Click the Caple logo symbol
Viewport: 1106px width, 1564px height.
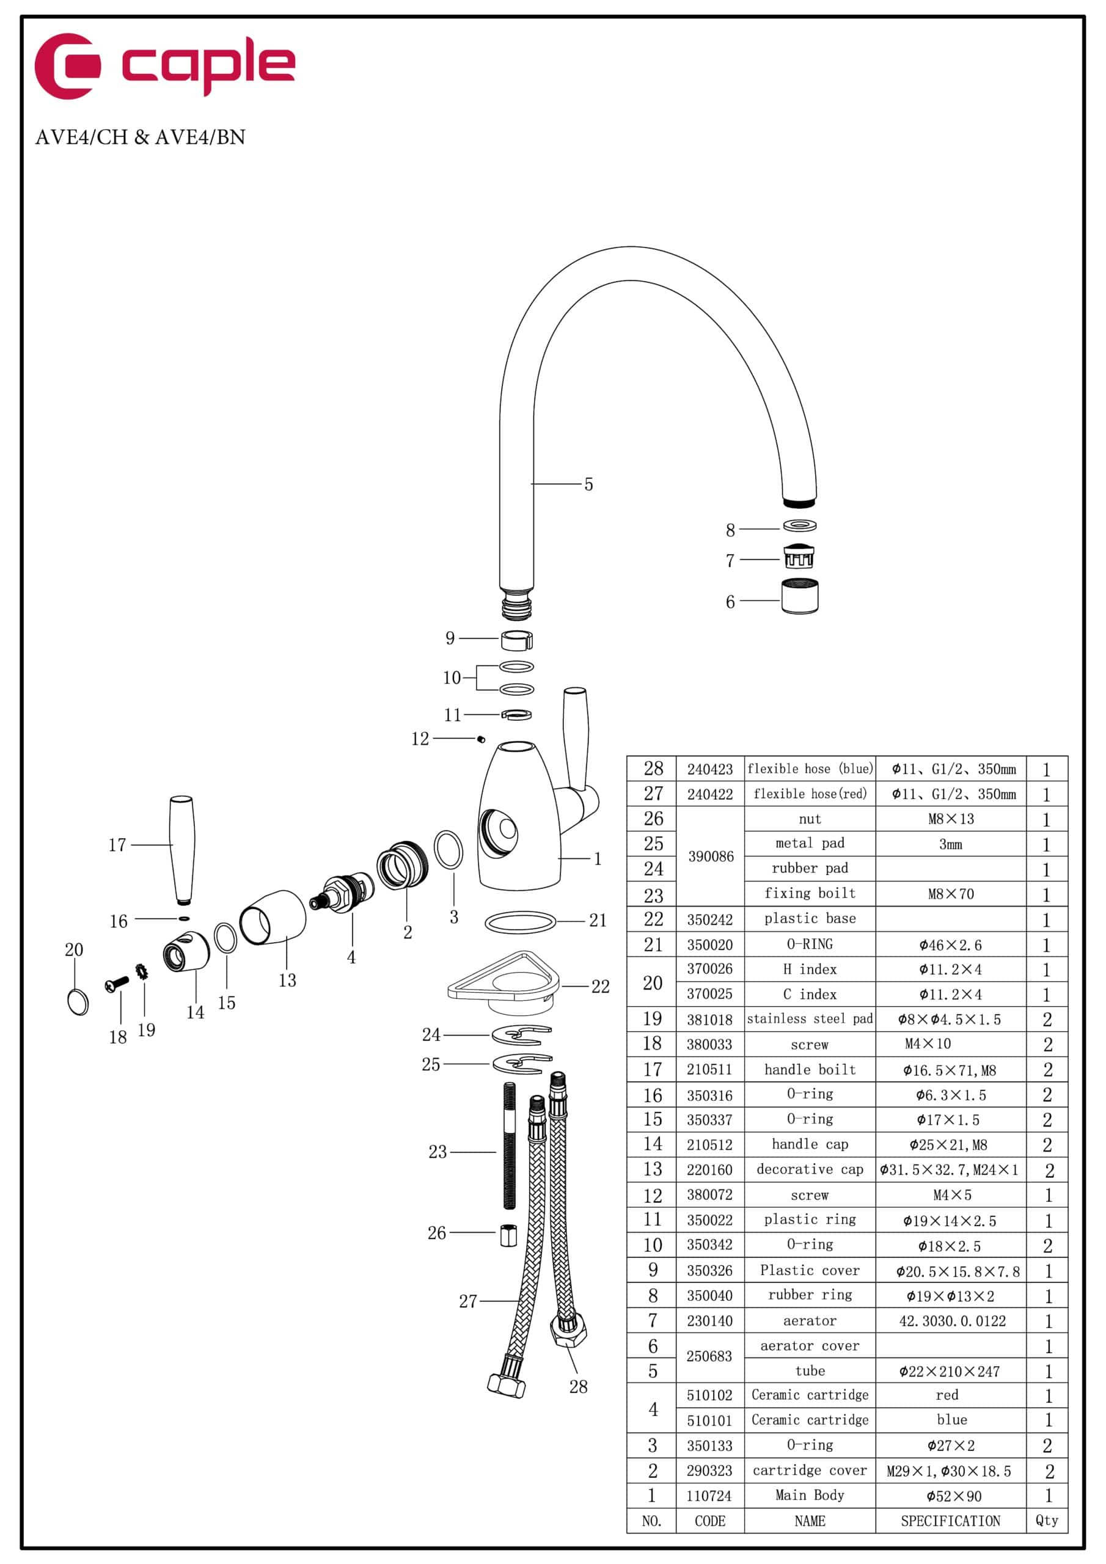(67, 66)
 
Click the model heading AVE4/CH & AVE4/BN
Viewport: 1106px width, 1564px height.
(140, 137)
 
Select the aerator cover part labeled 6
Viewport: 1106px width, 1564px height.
(799, 597)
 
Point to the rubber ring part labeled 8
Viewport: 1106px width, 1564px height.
(799, 525)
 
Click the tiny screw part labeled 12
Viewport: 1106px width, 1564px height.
(481, 739)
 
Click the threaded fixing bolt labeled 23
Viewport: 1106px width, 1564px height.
(509, 1144)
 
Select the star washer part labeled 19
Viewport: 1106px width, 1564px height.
(142, 971)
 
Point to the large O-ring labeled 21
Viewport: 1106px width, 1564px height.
(520, 923)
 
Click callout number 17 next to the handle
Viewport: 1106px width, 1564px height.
(117, 846)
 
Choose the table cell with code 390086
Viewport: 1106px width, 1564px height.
(710, 857)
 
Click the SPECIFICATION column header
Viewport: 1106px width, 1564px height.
(950, 1521)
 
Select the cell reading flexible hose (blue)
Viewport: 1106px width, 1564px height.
(810, 769)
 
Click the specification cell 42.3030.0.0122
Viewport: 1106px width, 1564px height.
(951, 1321)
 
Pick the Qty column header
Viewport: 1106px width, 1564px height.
(1046, 1521)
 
